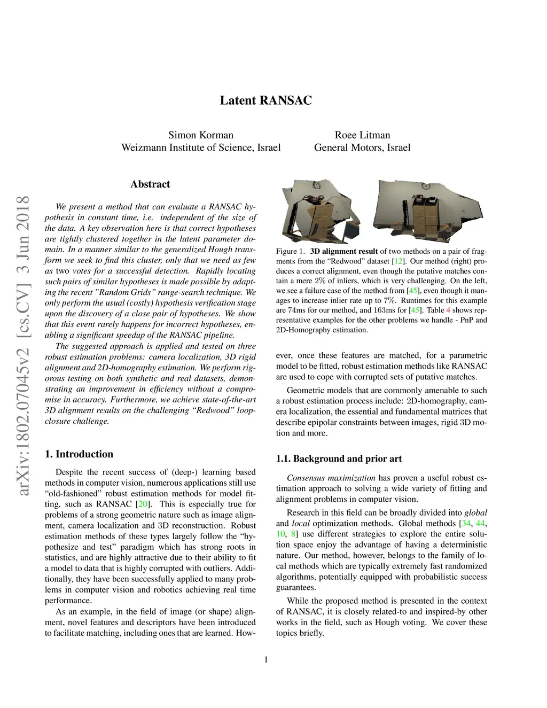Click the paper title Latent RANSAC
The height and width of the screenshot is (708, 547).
[265, 100]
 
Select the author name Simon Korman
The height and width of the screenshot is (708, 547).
[201, 135]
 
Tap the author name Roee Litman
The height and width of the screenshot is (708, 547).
[362, 135]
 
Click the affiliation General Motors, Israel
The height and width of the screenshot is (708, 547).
[362, 147]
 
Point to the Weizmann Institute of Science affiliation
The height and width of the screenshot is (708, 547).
[201, 147]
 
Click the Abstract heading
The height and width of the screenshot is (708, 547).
[150, 184]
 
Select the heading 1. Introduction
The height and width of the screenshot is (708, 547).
[79, 454]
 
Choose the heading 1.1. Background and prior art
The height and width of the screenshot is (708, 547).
[339, 458]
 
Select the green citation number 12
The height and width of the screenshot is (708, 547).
[398, 261]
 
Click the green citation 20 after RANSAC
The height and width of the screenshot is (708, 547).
[143, 504]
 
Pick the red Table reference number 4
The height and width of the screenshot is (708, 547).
[448, 310]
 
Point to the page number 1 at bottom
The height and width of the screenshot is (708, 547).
[266, 659]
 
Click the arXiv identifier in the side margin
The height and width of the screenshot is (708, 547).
[24, 346]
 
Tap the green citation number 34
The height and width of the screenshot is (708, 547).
[466, 523]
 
